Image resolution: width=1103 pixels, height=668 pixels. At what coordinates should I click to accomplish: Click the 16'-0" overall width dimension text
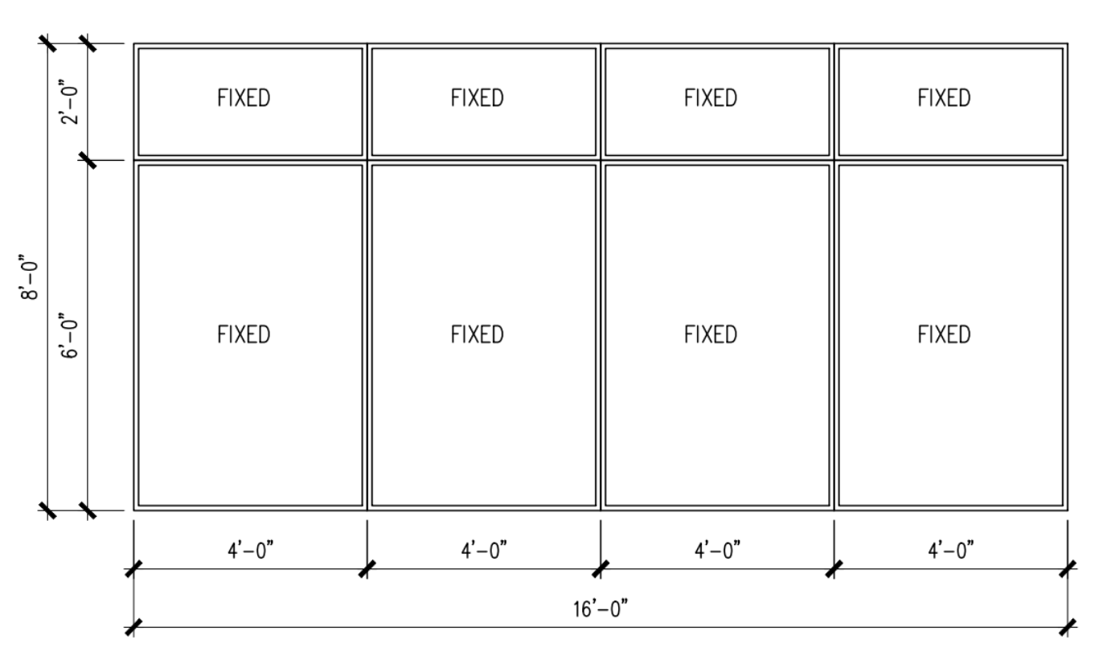[601, 609]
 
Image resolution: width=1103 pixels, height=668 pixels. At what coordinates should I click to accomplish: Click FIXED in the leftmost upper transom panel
[244, 99]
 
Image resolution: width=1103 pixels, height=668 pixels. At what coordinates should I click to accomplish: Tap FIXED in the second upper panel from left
[478, 99]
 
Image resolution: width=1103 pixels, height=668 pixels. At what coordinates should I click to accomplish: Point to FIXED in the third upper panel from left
[711, 99]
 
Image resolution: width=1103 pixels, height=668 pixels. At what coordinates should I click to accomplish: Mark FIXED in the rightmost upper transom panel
[944, 99]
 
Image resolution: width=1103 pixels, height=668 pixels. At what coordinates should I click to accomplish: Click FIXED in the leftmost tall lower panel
[244, 334]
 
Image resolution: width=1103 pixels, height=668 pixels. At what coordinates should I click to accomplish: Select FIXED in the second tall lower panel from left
[478, 334]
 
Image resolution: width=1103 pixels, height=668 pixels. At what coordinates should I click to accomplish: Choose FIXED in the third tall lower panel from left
[711, 334]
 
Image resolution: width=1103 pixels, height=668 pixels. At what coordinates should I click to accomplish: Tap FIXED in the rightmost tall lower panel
[944, 334]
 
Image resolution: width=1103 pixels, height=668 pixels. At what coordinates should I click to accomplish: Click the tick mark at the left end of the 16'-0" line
[133, 626]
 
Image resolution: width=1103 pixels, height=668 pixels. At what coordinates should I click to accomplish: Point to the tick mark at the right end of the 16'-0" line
[1068, 626]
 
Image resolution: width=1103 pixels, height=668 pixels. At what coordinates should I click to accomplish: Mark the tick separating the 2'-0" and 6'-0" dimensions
[88, 159]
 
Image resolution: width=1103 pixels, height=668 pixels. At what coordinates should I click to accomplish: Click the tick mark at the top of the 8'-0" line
[49, 43]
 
